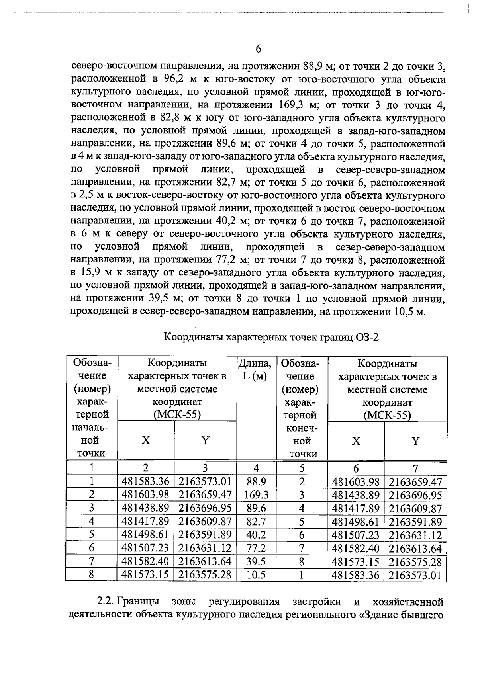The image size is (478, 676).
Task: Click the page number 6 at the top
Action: (x=258, y=49)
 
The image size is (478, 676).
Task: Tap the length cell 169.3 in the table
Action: (x=257, y=495)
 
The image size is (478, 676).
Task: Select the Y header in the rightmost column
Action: (x=415, y=441)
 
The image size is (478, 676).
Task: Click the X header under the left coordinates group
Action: (x=146, y=440)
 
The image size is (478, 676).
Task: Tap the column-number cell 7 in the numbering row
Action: (x=415, y=468)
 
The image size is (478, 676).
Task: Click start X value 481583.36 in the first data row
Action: (x=146, y=482)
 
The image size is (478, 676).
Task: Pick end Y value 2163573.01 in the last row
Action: (x=415, y=575)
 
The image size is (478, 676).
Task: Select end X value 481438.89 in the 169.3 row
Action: (x=356, y=495)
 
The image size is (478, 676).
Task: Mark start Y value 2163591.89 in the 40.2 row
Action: (x=205, y=535)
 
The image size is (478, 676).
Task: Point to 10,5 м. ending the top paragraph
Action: (x=410, y=311)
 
